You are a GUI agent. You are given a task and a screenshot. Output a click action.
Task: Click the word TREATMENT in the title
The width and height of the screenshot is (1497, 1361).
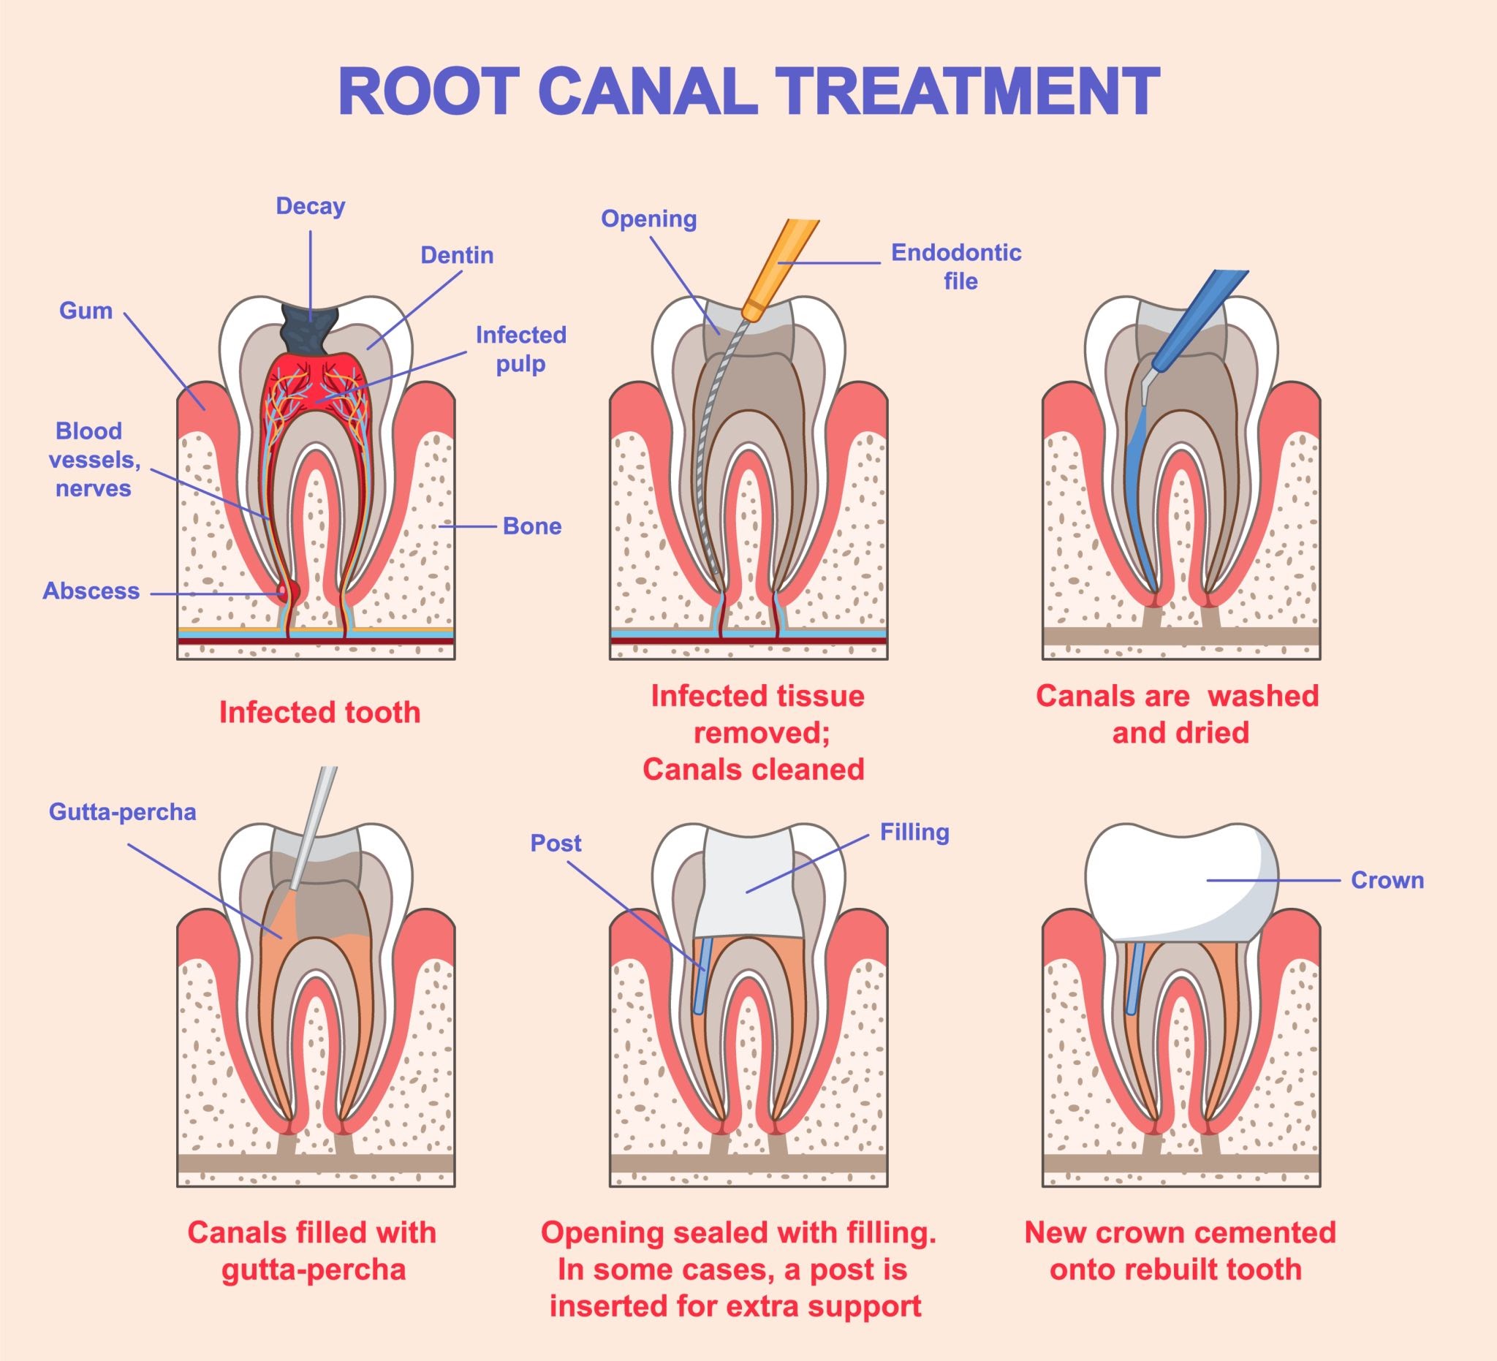point(979,92)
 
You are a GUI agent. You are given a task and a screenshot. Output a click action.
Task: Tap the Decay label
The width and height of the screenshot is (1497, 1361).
point(311,205)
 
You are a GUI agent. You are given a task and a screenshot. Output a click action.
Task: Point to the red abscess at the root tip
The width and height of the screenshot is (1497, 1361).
point(285,592)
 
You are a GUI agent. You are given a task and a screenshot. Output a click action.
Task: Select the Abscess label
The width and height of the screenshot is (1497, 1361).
point(91,591)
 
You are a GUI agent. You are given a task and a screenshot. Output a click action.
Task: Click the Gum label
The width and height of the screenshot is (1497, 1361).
point(86,311)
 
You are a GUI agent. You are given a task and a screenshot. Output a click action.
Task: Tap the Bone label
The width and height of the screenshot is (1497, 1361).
point(531,526)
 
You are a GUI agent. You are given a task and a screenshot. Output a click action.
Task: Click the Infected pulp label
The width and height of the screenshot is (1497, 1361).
point(520,349)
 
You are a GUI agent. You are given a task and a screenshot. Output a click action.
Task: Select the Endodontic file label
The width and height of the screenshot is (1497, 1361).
point(956,267)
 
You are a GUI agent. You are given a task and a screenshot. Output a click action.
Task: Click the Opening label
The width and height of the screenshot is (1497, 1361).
point(648,219)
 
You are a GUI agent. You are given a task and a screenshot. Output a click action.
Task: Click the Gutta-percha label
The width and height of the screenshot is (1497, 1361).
point(123,812)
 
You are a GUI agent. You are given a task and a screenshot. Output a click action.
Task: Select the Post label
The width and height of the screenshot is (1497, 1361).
point(556,843)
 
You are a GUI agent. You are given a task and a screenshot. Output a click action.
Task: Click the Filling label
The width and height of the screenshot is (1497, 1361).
point(914,833)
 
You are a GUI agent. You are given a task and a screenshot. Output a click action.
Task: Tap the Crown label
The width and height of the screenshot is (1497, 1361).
point(1387,881)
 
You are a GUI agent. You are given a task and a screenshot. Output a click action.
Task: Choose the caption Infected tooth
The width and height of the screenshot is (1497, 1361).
point(319,713)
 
